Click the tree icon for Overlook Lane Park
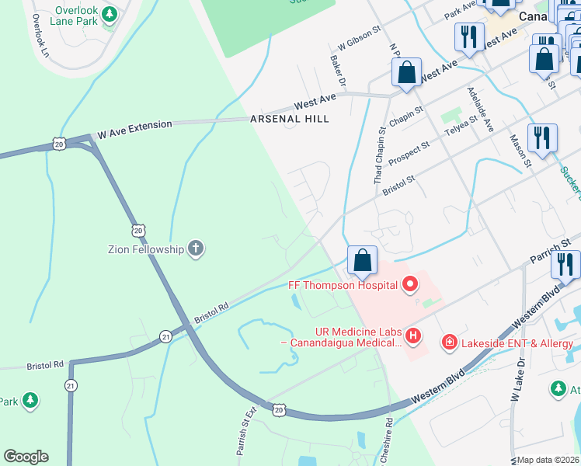point(110,14)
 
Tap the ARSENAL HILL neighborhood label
point(290,119)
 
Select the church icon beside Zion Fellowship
point(196,249)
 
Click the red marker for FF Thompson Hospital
point(410,285)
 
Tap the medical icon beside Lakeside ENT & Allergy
point(448,342)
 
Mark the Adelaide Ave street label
point(480,109)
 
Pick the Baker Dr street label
point(336,68)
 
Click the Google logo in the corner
point(26,457)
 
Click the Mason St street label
point(520,151)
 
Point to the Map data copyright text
point(548,460)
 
